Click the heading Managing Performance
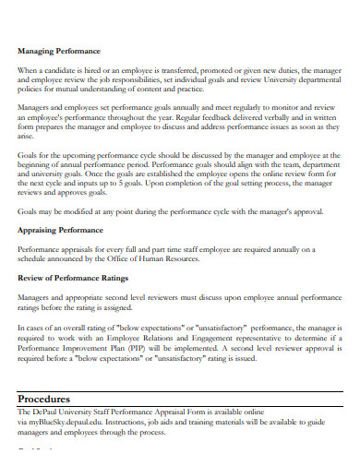(59, 51)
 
